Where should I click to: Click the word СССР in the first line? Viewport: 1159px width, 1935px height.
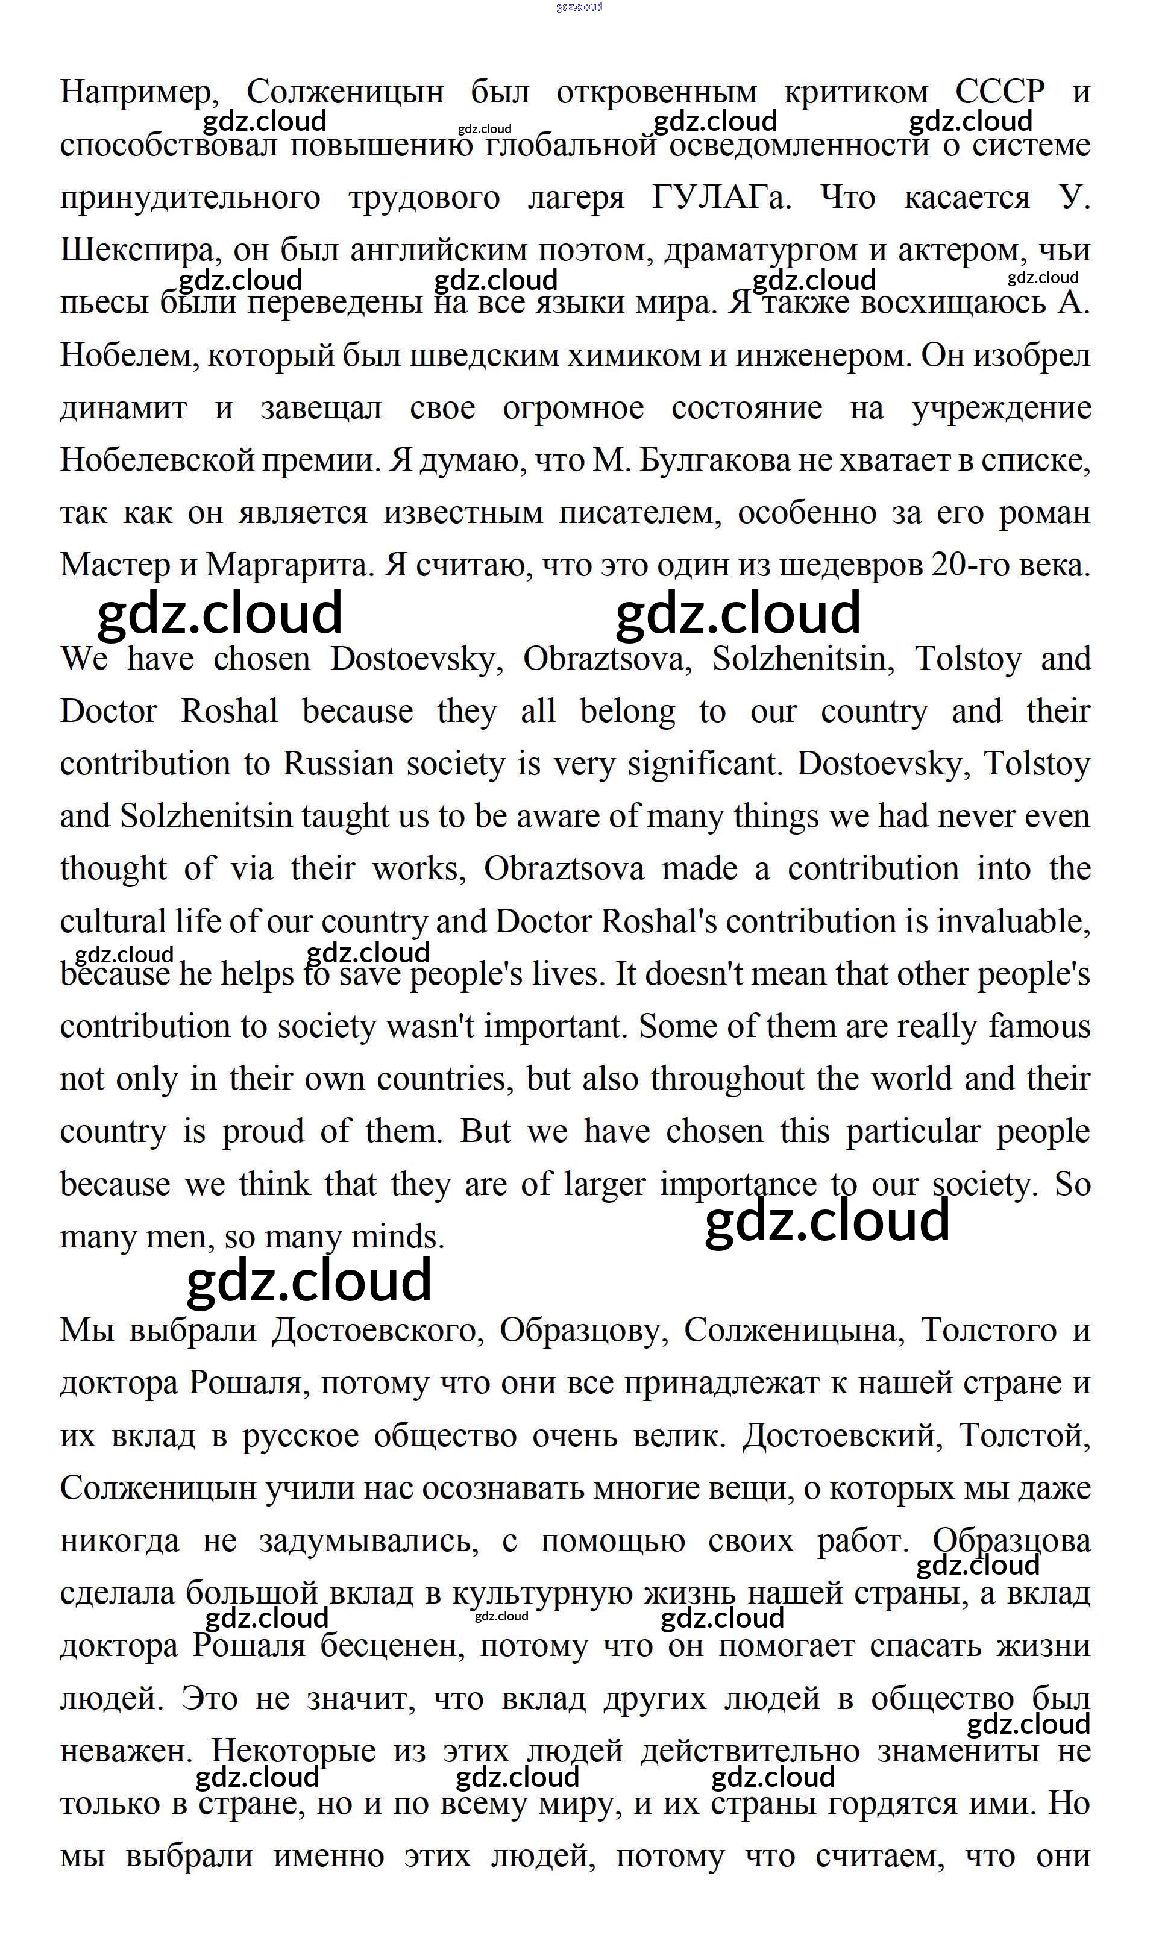click(x=1000, y=92)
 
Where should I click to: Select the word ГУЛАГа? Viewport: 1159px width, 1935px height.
click(x=720, y=198)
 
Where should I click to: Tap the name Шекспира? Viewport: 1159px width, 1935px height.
click(x=137, y=251)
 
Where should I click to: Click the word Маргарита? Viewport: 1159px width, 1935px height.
click(x=291, y=565)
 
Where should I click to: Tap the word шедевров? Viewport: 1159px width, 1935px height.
click(x=850, y=565)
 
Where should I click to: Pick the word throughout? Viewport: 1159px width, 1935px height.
click(x=727, y=1079)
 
